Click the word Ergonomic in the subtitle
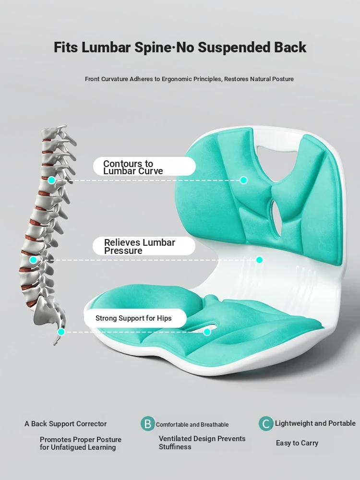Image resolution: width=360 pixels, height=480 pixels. point(176,79)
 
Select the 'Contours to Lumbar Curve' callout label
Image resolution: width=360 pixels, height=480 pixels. point(144,167)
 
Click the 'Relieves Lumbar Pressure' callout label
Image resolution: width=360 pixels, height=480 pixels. point(144,246)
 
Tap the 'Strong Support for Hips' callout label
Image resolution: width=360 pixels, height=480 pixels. point(135,318)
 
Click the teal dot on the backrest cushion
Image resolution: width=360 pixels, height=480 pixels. point(244,180)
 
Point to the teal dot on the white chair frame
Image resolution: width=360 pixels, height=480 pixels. point(259,260)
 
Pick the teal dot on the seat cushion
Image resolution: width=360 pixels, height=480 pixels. point(207,332)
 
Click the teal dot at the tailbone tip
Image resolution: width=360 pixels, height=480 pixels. point(61,332)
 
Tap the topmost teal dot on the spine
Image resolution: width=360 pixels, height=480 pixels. point(51,180)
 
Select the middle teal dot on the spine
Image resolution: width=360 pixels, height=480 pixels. point(34,260)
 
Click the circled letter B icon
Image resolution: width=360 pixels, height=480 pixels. point(148,424)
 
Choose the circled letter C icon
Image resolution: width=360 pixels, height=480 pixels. point(266,424)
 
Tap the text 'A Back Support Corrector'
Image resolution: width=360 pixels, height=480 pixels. point(65,424)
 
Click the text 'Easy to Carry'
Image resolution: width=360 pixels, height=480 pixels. point(297,443)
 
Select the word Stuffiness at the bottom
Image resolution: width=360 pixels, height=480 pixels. point(175,447)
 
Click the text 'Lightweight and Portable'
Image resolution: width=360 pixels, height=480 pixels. point(315,423)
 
